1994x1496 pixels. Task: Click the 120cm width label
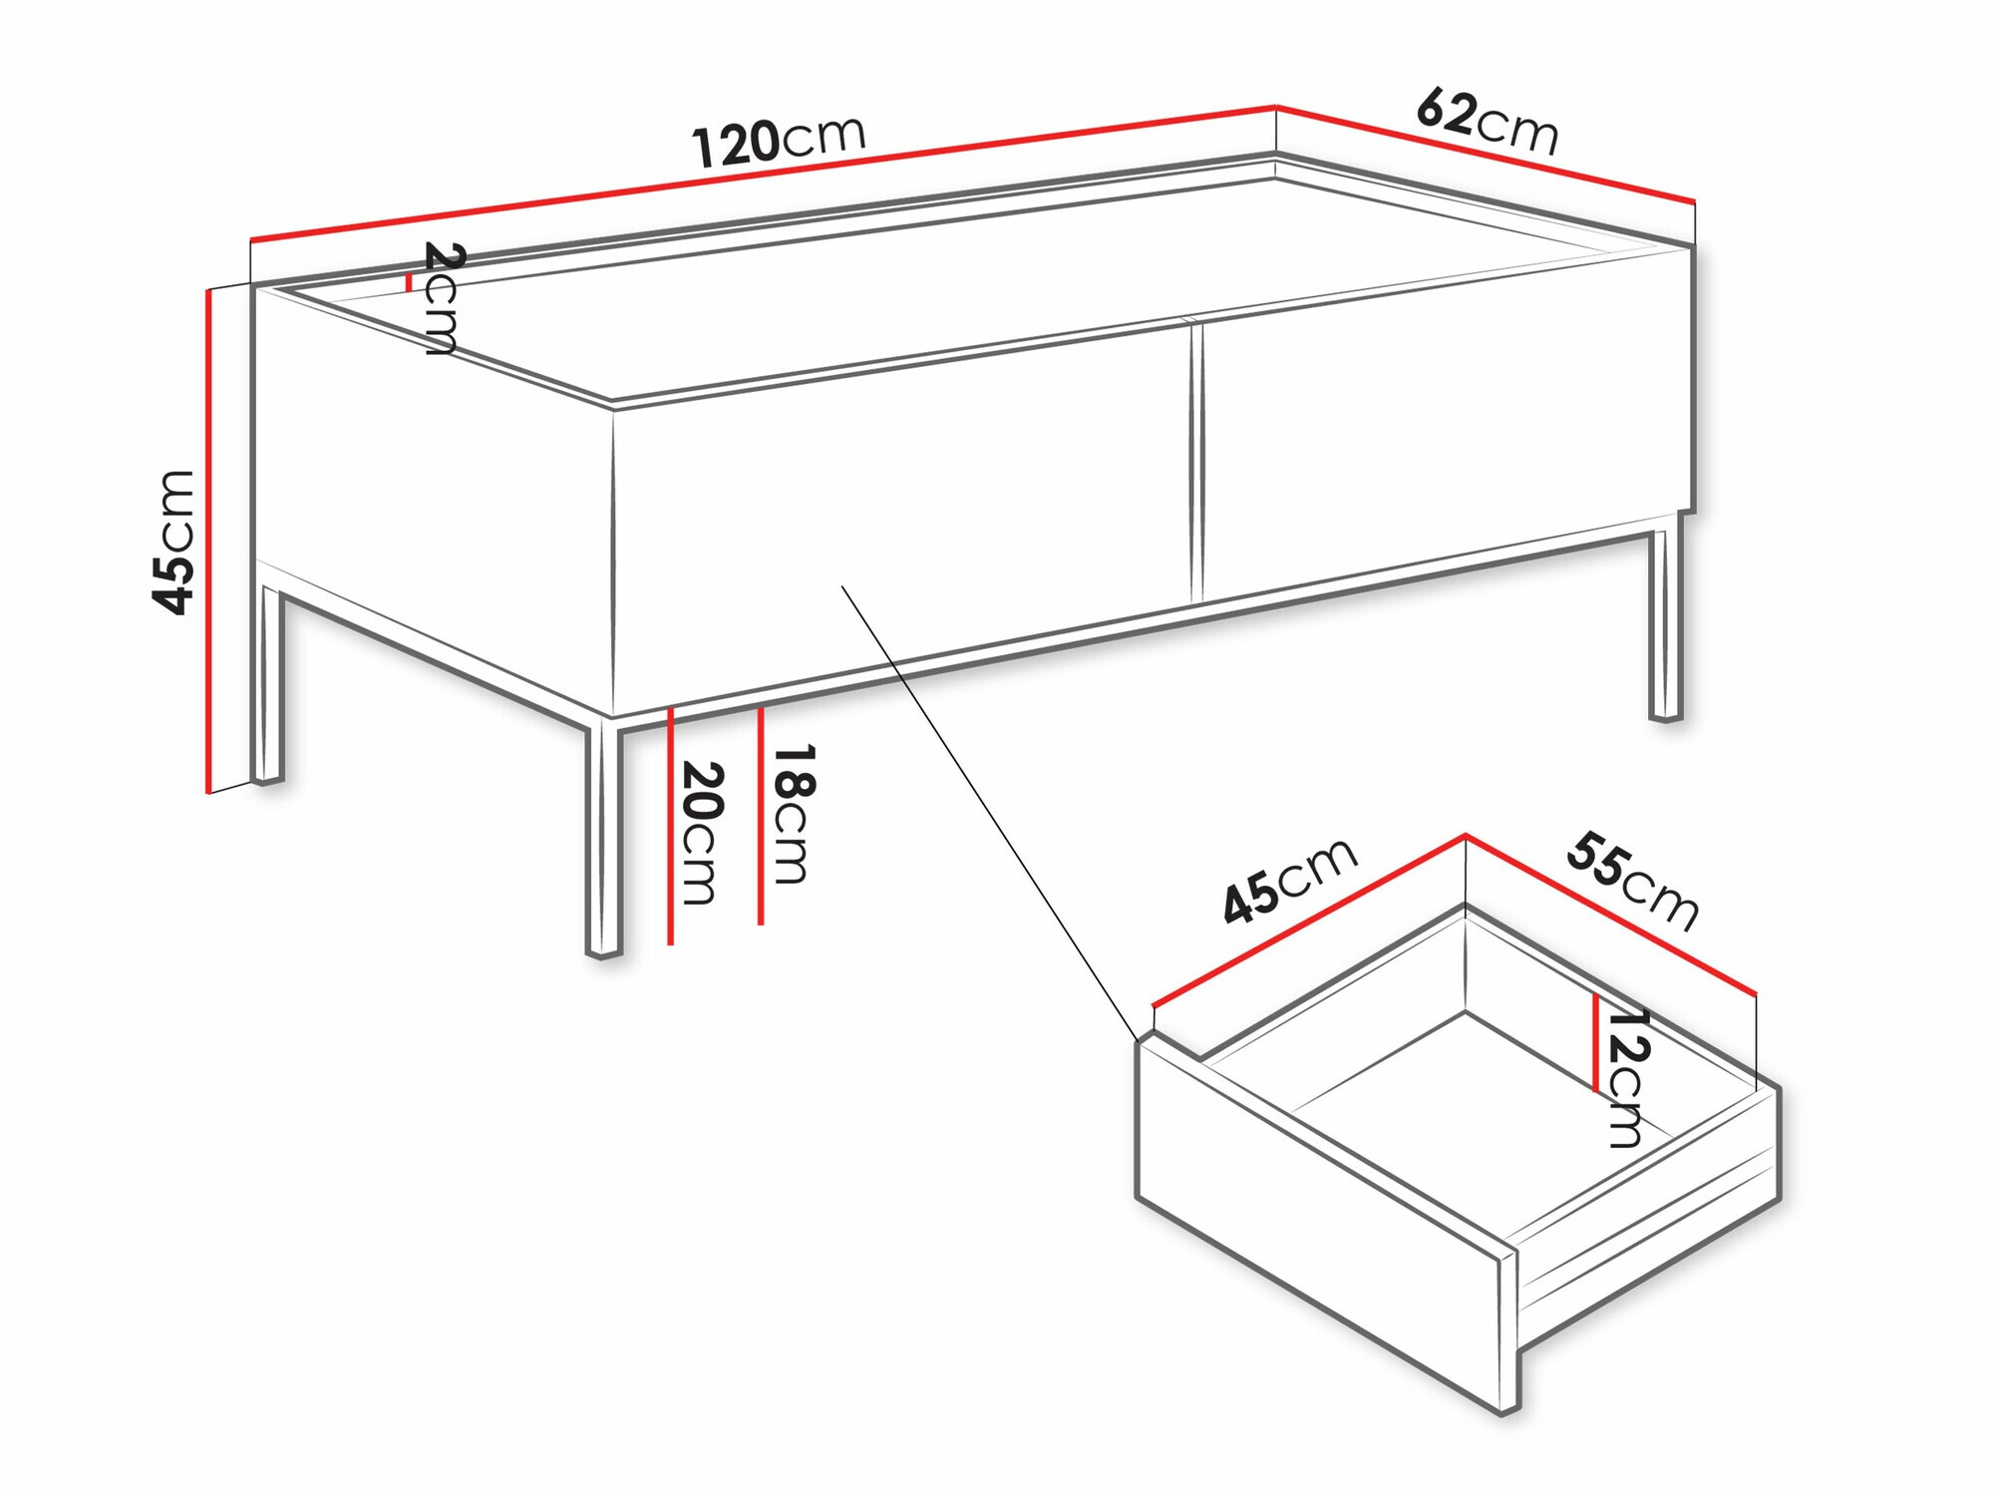coord(780,142)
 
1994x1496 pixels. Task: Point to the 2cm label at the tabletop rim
coord(442,298)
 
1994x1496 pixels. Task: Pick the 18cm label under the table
coord(794,813)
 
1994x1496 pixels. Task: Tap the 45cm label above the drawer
coord(1290,882)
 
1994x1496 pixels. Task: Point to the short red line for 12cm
coord(1596,1043)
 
